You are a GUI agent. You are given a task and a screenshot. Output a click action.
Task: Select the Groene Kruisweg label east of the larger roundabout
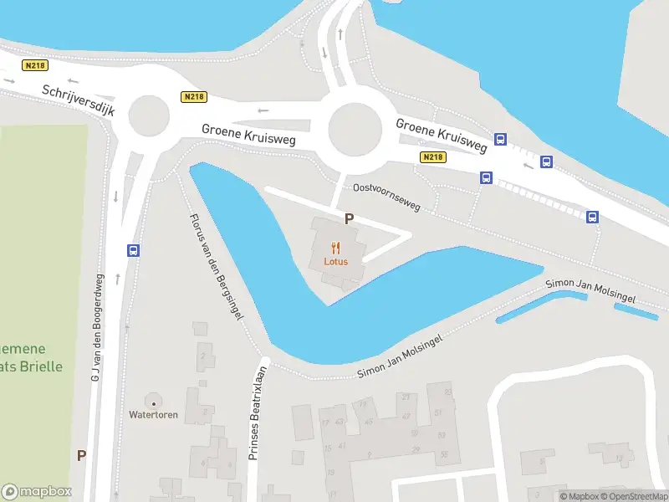[x=442, y=134]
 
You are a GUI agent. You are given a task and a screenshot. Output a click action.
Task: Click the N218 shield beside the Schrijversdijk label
[x=37, y=65]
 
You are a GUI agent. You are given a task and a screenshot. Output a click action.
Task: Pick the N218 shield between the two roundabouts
[x=194, y=97]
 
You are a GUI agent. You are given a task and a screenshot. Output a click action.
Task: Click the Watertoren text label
[x=153, y=415]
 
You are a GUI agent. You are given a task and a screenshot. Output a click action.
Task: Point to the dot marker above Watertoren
[x=152, y=403]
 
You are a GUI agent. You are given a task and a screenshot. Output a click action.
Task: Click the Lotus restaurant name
[x=336, y=261]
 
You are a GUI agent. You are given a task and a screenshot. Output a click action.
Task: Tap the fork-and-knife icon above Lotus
[x=336, y=247]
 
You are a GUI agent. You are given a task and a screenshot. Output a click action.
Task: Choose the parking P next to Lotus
[x=349, y=219]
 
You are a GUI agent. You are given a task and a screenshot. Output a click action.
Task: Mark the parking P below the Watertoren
[x=81, y=456]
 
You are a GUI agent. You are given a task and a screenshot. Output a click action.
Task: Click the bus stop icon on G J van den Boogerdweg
[x=132, y=250]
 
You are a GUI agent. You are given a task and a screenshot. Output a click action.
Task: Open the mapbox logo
[x=37, y=492]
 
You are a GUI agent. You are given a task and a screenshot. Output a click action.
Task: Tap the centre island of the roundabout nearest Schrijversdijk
[x=148, y=115]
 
